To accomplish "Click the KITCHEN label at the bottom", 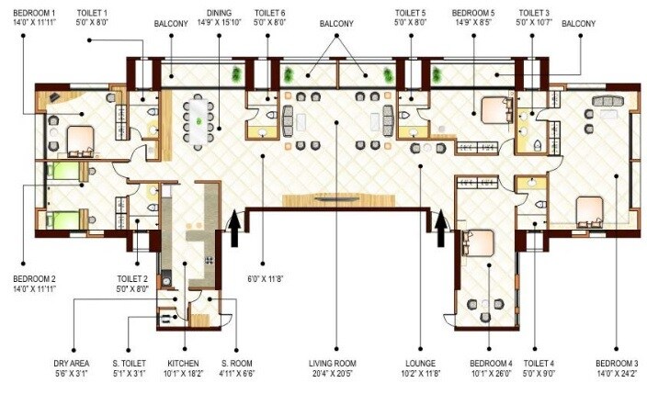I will coord(185,365).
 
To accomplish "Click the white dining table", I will coord(199,118).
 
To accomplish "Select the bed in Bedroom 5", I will coord(488,113).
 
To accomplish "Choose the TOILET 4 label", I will coord(539,365).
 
